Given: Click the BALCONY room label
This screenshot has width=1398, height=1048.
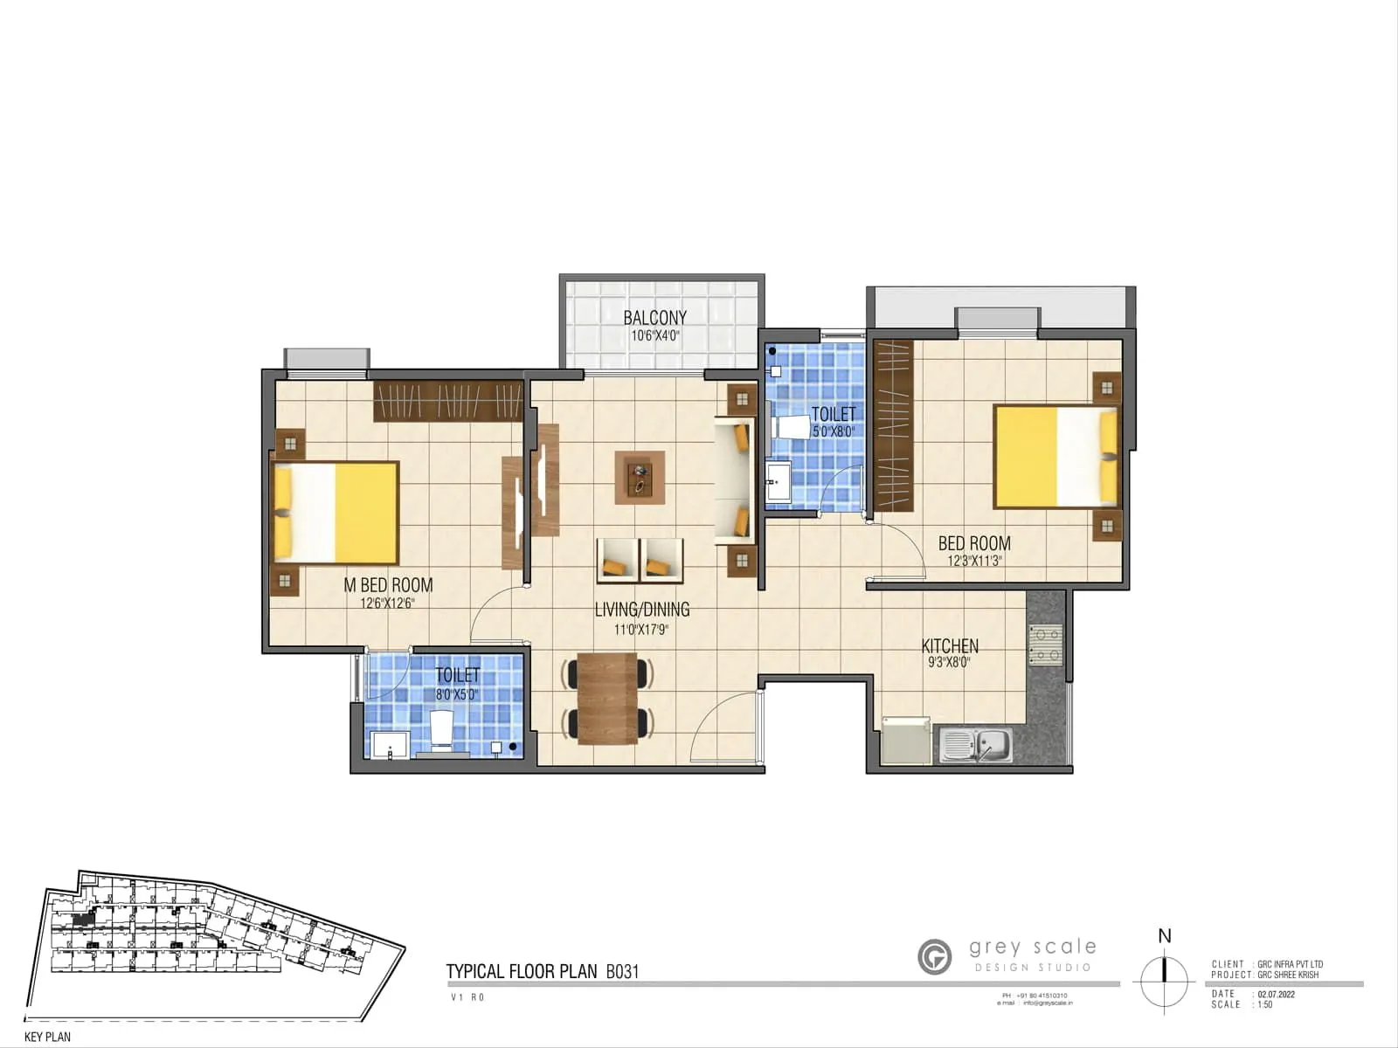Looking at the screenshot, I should (654, 318).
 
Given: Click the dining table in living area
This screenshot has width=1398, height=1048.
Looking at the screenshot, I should (608, 698).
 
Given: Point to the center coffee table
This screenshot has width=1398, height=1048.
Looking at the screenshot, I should (640, 477).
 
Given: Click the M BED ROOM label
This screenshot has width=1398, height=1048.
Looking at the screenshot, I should (388, 585).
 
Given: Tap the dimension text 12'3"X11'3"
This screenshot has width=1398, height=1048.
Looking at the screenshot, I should (974, 562).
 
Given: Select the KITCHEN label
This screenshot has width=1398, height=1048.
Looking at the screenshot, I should (950, 646).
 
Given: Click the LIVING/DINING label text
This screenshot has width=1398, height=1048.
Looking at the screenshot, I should (642, 610).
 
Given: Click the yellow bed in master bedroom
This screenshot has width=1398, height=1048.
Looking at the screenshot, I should (336, 513).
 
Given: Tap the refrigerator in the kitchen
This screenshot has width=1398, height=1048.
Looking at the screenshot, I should (906, 741).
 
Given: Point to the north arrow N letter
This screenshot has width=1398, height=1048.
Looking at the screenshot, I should (1164, 936).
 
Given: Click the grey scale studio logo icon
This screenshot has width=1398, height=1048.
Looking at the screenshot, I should (935, 956).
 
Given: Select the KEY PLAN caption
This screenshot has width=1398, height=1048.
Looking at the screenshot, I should (48, 1037).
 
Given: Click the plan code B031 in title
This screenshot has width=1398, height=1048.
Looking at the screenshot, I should (623, 971).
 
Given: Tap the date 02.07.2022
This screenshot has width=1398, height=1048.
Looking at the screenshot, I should (1277, 994).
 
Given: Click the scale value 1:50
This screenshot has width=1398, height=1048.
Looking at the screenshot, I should (1265, 1005).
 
